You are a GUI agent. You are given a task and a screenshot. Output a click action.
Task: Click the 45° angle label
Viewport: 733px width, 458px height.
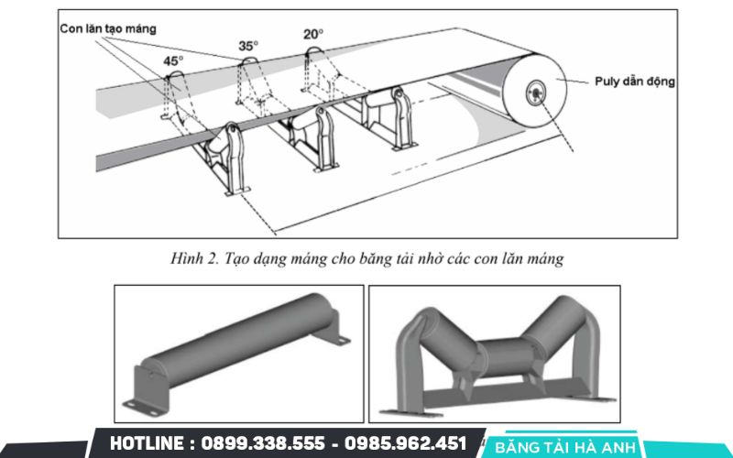click(x=173, y=60)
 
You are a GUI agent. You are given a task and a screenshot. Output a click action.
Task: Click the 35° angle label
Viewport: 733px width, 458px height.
click(x=248, y=46)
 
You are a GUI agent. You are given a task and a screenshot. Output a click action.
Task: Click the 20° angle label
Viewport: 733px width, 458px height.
click(x=313, y=34)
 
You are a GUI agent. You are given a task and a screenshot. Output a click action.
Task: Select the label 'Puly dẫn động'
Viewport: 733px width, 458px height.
click(x=634, y=82)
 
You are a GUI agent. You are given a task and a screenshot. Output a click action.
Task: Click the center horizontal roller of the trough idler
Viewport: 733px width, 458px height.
click(x=496, y=353)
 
